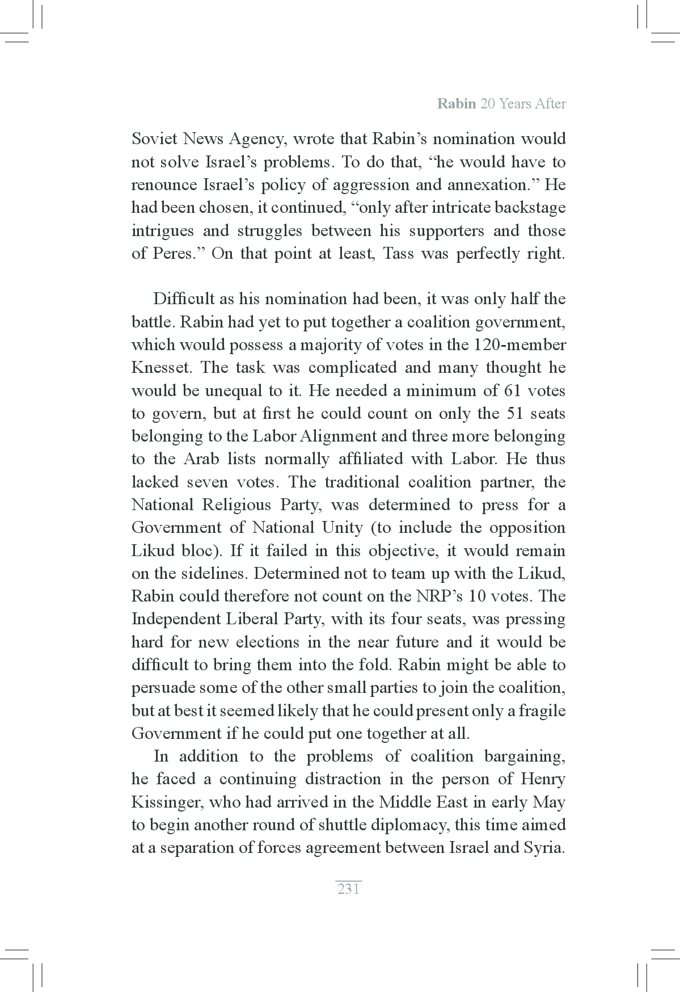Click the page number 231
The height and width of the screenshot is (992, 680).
[348, 889]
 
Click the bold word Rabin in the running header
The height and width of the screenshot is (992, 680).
[457, 104]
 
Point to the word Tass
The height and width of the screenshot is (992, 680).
[398, 253]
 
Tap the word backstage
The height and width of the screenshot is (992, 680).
[530, 208]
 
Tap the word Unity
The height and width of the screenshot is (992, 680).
[338, 528]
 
